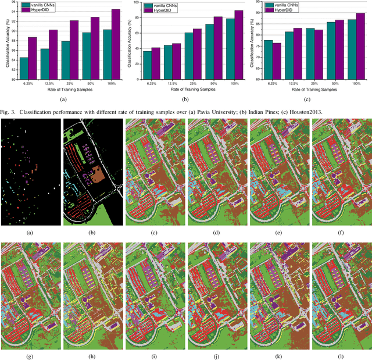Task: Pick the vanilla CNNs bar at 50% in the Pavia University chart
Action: (86, 56)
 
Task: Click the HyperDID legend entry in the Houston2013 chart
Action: (282, 10)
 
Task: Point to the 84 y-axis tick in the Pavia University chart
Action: (12, 58)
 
